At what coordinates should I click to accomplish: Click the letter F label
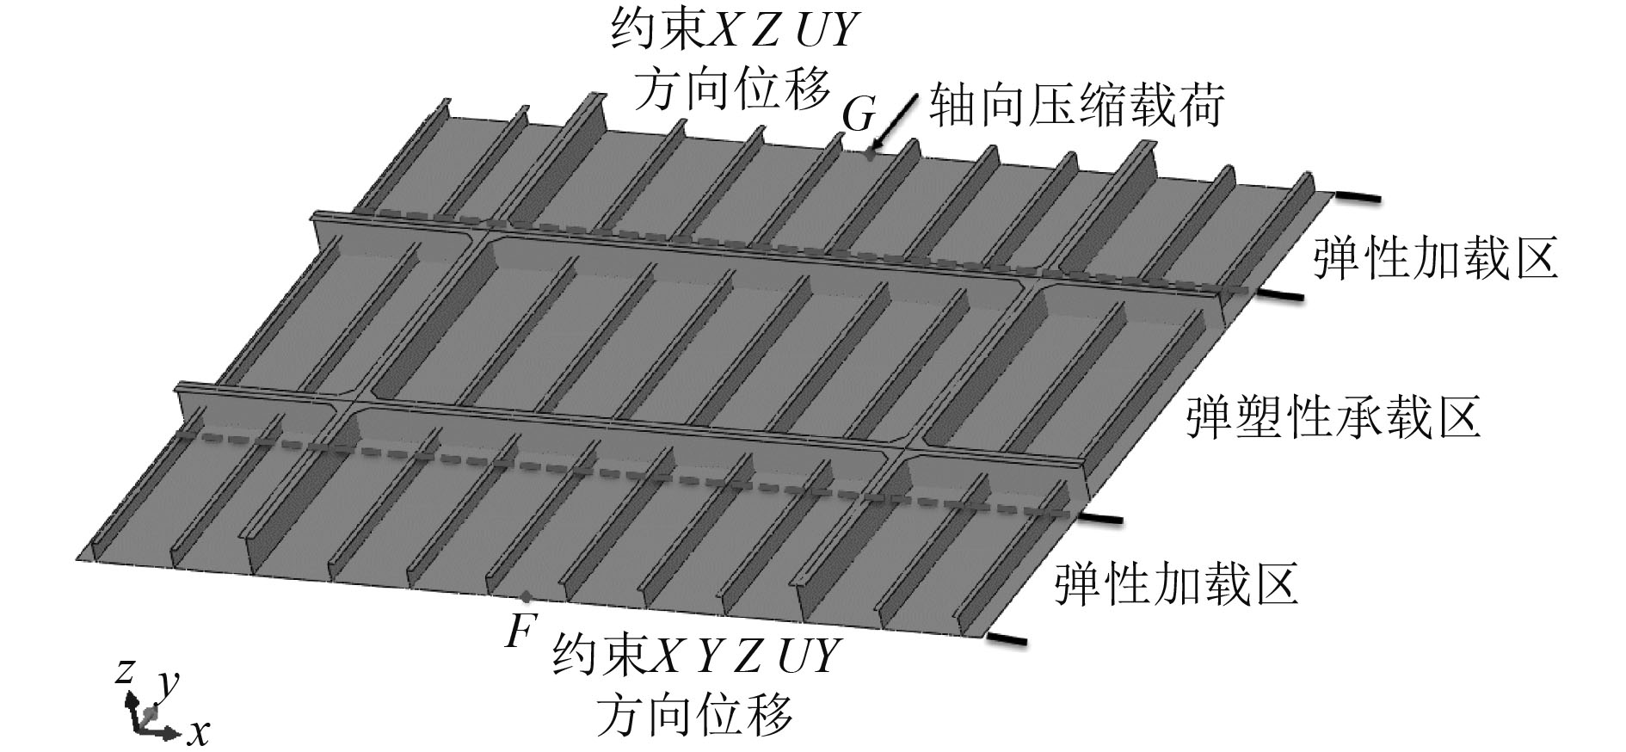click(518, 632)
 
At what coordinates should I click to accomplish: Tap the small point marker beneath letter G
click(871, 156)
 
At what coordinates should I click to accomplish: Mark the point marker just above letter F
click(526, 595)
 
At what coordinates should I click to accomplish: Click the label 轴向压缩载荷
click(1076, 106)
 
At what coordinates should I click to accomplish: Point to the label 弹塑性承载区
click(1333, 417)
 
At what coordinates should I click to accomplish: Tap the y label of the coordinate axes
click(169, 682)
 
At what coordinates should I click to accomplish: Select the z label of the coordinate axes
click(126, 669)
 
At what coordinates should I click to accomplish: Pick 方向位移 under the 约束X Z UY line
click(732, 87)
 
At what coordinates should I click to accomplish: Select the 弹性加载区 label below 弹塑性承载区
click(1176, 583)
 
